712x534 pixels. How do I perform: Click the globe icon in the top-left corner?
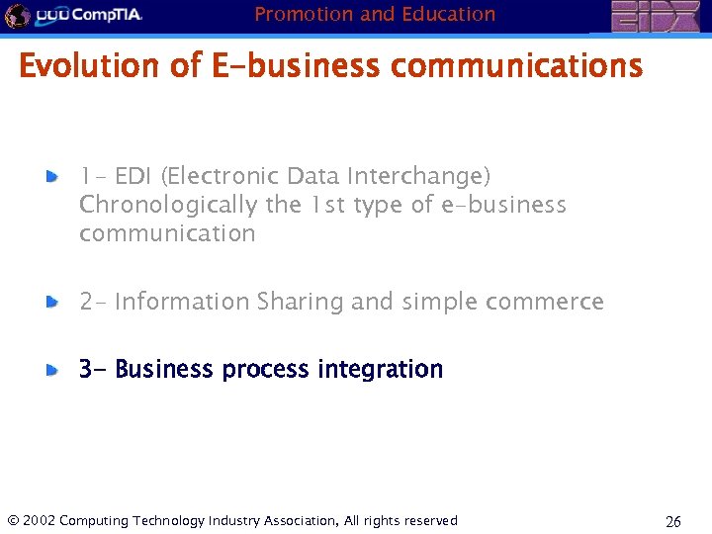pos(17,16)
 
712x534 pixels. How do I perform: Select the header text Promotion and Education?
pos(375,14)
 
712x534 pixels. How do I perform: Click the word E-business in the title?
pos(295,67)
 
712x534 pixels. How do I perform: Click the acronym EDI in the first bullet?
pos(134,176)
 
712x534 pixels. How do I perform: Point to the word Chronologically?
pos(169,205)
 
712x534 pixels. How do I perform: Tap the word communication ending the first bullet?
pos(167,234)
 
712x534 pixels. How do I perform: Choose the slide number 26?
pos(672,521)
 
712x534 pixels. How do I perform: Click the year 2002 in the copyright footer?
pos(38,521)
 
